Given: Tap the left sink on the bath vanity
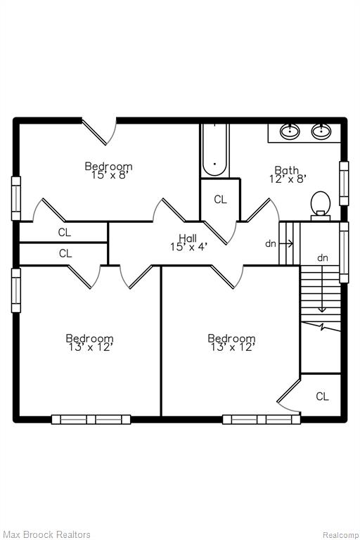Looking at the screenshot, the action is pos(290,131).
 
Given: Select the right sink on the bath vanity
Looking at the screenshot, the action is pos(321,131).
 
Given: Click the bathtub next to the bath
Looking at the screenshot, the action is pos(214,150).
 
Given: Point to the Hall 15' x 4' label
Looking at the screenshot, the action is pos(188,243).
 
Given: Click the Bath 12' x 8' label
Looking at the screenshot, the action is pos(288,174).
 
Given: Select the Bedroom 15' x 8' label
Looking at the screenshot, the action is pos(108,170).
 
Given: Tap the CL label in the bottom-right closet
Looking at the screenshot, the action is pos(322,397).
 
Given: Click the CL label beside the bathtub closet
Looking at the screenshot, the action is pos(221,200).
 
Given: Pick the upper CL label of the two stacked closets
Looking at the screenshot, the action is pos(65,233).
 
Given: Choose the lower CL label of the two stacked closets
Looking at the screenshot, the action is pos(65,253).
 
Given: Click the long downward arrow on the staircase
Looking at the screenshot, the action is pos(322,288).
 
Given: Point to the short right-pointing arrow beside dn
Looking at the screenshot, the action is pos(286,244).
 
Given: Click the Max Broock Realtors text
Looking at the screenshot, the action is pos(46,534).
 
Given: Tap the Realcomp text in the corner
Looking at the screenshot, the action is pos(340,535).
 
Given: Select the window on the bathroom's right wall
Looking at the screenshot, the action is pos(344,184).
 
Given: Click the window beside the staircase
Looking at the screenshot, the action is pos(344,252).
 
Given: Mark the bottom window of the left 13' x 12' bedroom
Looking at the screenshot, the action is pos(91,420).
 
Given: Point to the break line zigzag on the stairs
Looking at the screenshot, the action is pos(321,327).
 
